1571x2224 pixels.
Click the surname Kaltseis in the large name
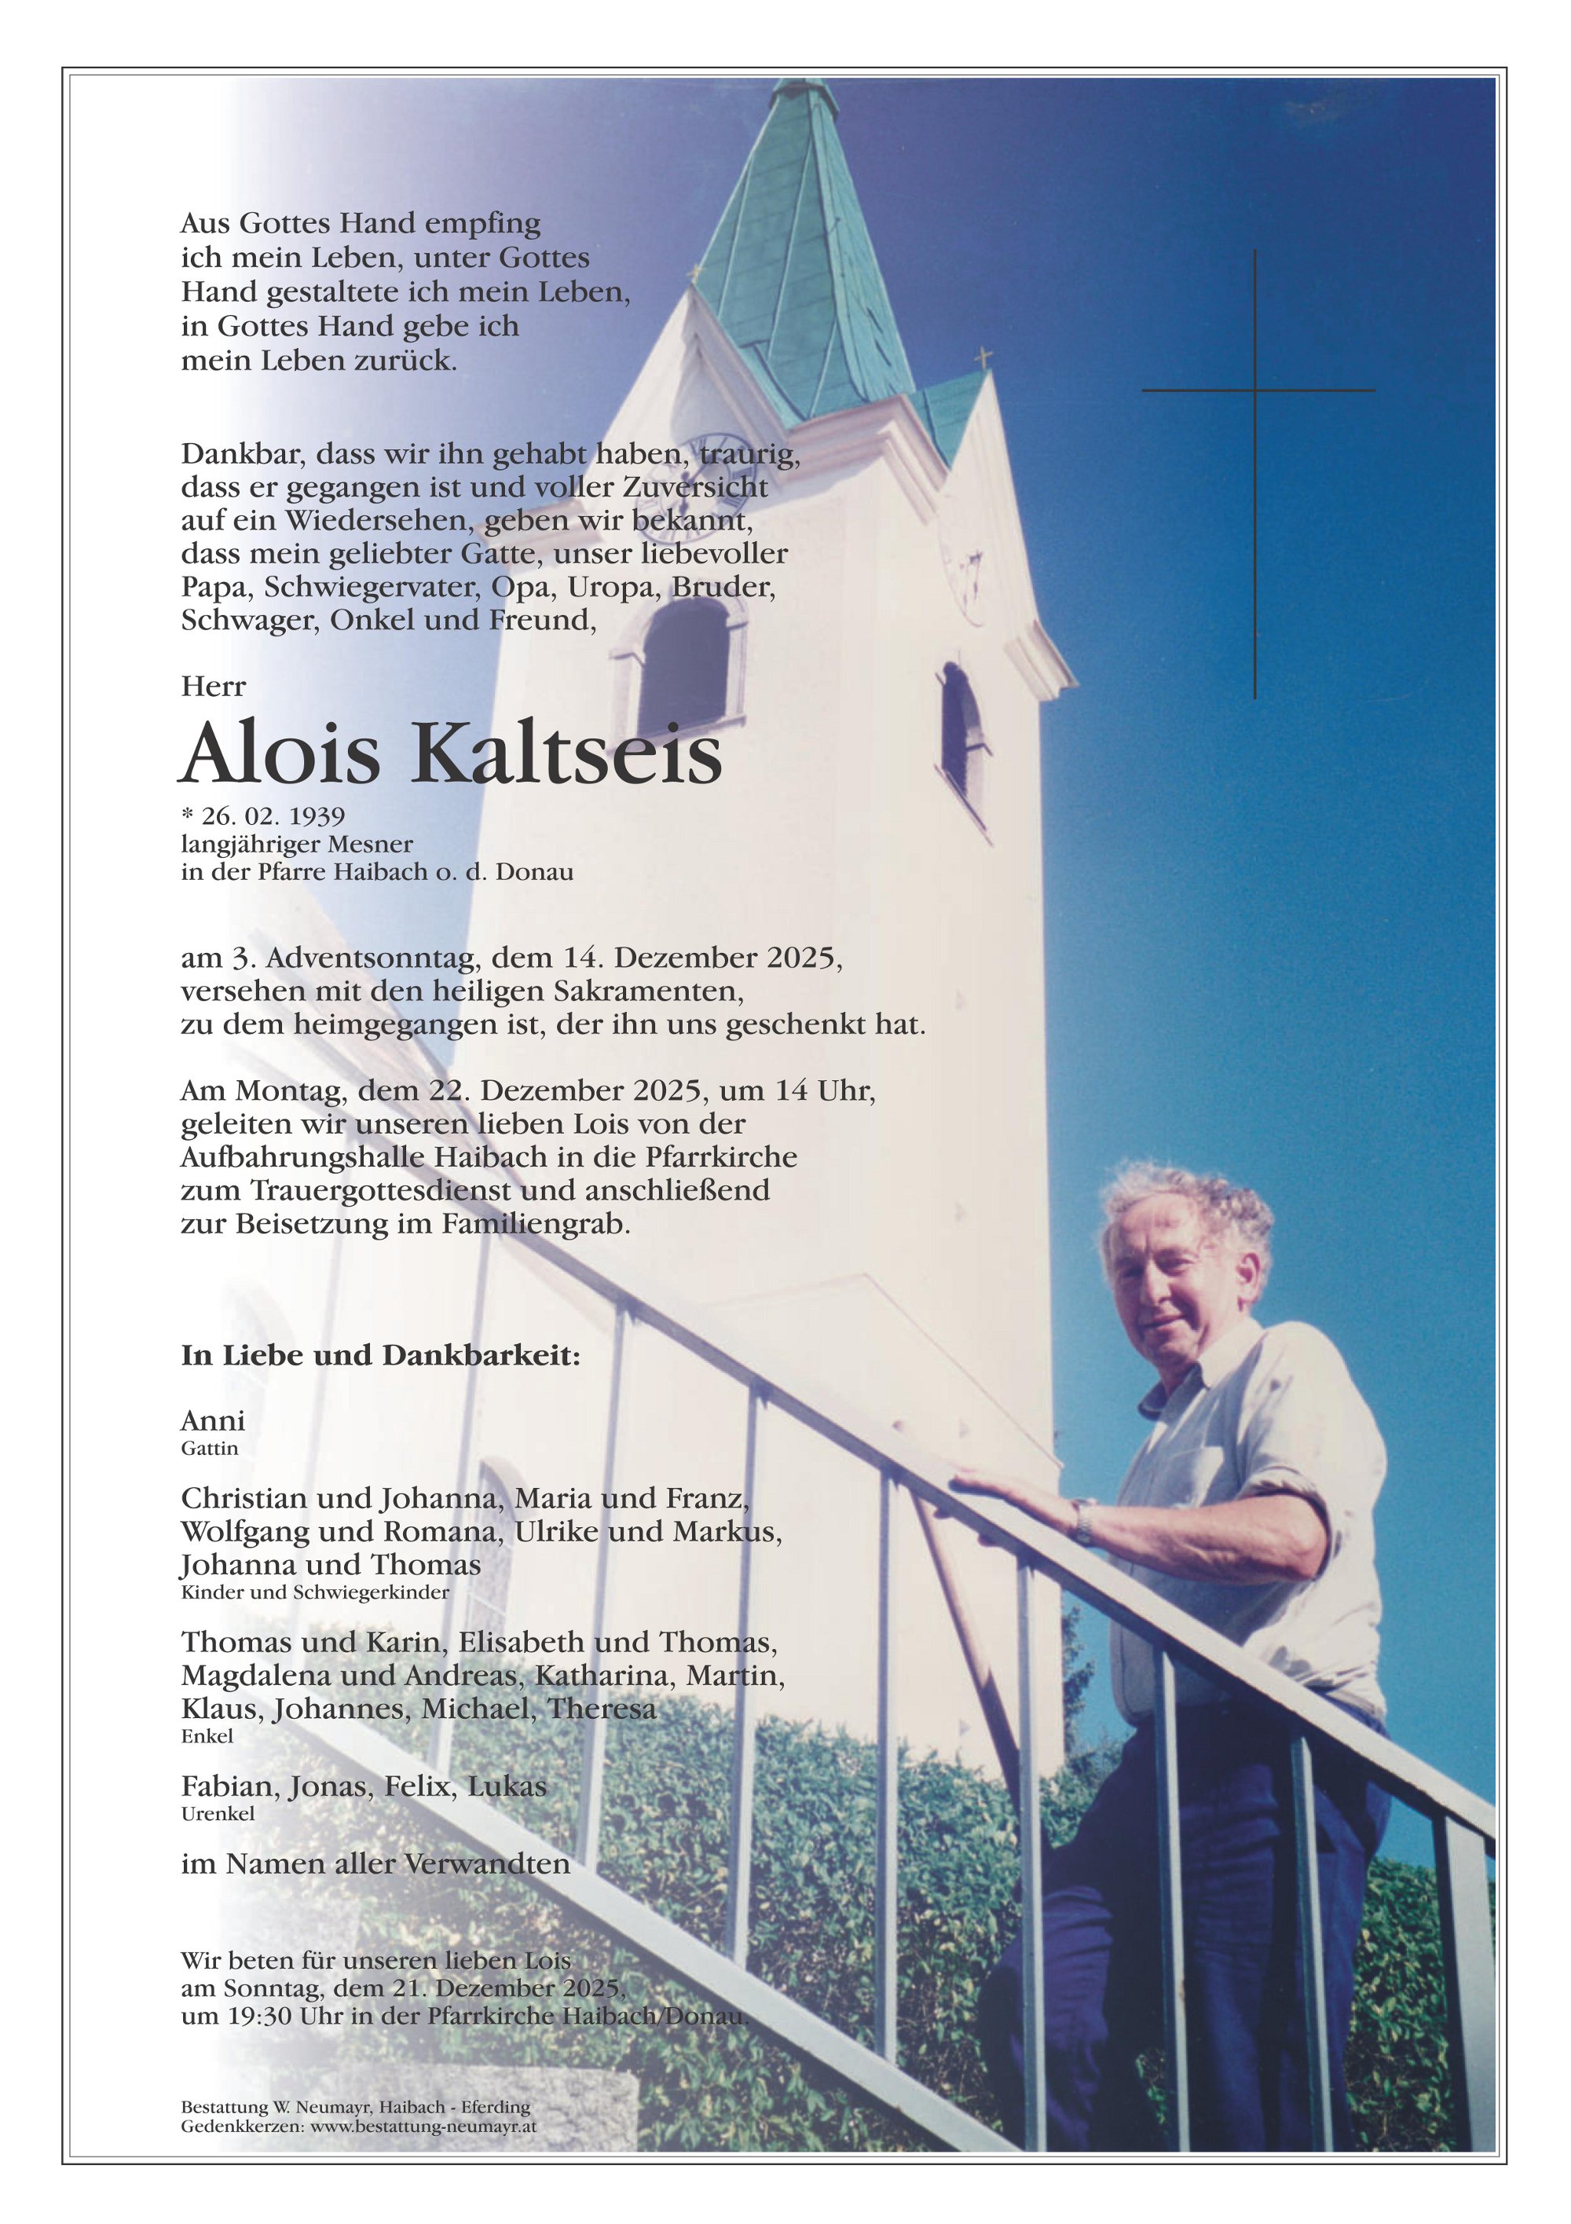point(566,755)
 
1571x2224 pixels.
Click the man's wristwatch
point(1083,1522)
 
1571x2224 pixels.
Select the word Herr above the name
point(213,687)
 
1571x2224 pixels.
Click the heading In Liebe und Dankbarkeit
point(379,1355)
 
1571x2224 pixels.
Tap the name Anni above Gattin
point(212,1421)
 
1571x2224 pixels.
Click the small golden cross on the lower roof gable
point(983,358)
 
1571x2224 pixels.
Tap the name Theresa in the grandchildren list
point(602,1709)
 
